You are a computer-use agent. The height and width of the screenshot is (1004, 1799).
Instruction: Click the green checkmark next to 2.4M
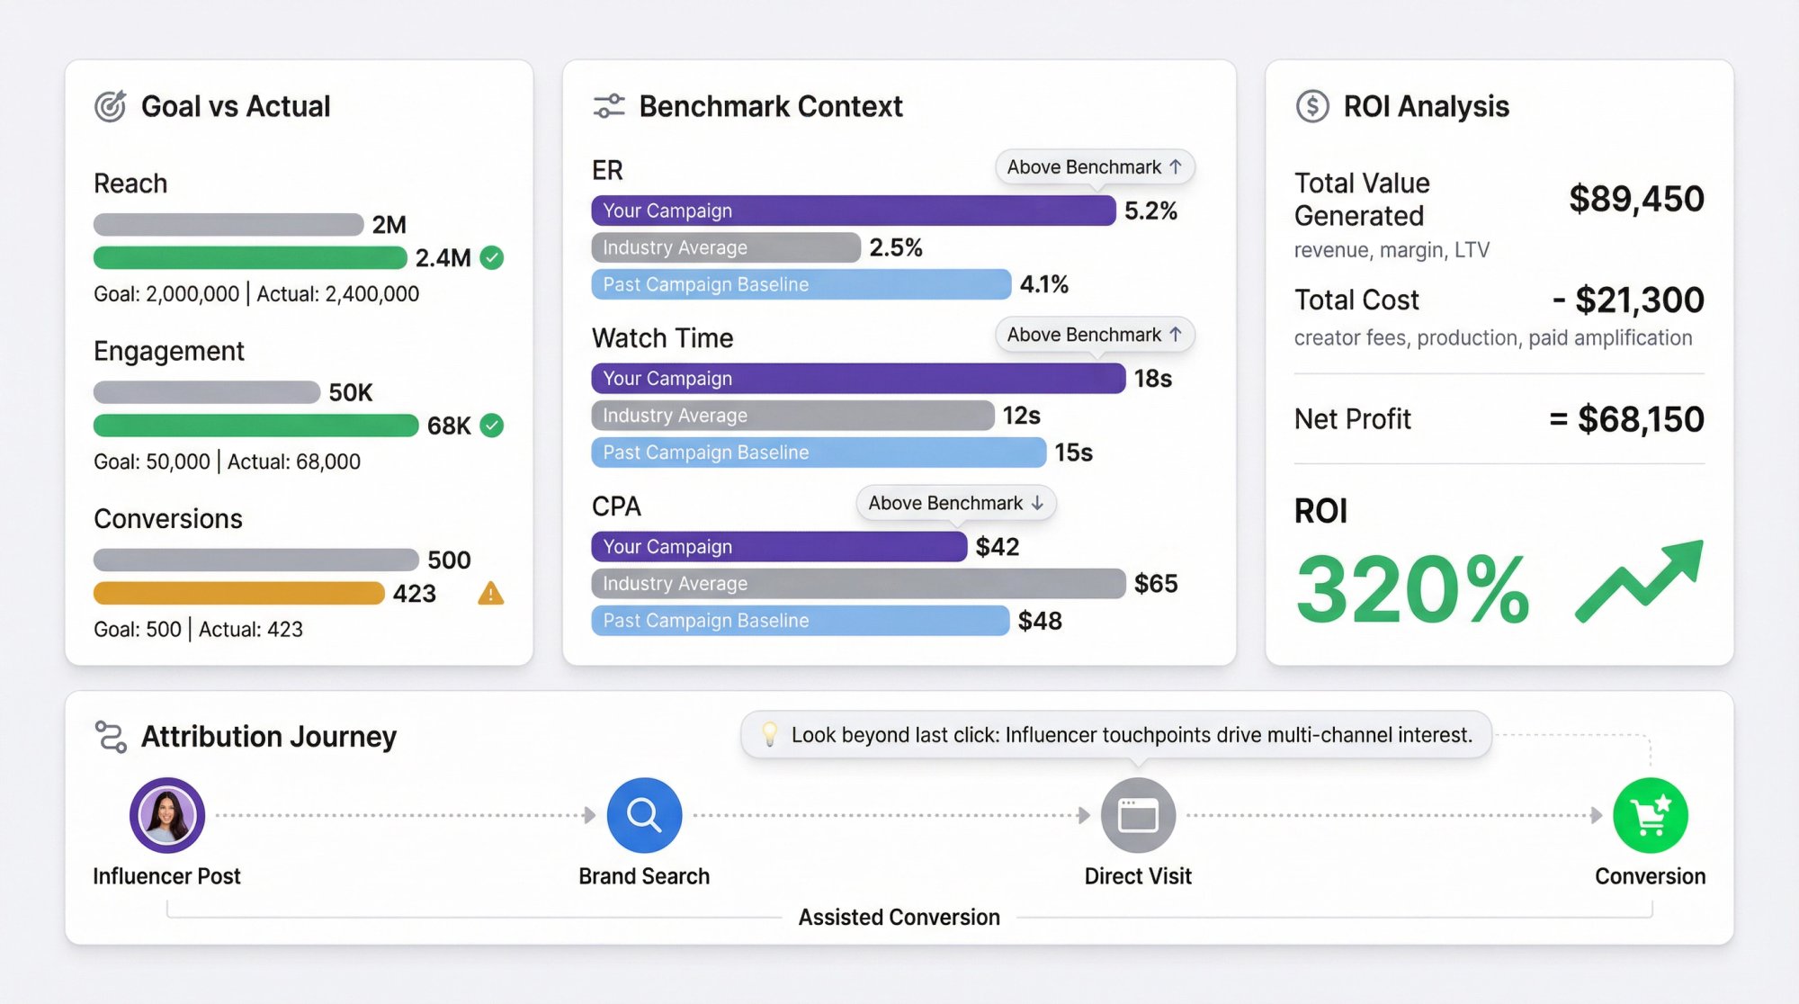click(x=491, y=258)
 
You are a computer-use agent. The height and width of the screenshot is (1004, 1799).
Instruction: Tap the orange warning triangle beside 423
click(x=490, y=594)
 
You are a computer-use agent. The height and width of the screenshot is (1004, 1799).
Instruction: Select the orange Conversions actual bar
click(x=238, y=594)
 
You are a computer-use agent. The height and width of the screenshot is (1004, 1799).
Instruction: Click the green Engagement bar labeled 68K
click(x=255, y=426)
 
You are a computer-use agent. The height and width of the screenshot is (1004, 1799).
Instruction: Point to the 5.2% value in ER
click(x=1150, y=211)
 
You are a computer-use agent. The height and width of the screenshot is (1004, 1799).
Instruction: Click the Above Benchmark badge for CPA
click(x=955, y=503)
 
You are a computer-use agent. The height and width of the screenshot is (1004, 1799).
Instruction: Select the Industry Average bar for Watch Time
click(x=792, y=416)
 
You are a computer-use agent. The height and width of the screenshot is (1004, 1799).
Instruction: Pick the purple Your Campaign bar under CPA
click(x=778, y=547)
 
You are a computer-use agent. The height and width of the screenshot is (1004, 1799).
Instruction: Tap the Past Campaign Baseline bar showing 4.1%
click(x=801, y=284)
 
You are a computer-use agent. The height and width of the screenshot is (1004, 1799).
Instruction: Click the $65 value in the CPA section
click(x=1156, y=584)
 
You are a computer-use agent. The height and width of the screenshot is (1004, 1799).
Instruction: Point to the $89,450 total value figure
click(x=1635, y=199)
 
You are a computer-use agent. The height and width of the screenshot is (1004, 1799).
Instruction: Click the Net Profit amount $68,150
click(x=1640, y=419)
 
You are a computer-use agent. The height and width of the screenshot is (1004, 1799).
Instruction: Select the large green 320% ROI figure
click(x=1412, y=589)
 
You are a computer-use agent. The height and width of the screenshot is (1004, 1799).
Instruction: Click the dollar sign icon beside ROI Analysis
click(x=1312, y=106)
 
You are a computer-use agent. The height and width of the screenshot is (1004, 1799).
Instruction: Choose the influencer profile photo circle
click(x=167, y=815)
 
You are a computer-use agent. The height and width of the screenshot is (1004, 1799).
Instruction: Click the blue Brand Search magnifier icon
click(x=644, y=815)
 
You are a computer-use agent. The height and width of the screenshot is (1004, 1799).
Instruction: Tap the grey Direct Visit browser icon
click(x=1138, y=815)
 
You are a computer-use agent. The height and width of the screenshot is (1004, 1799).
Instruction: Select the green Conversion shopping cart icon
click(x=1650, y=815)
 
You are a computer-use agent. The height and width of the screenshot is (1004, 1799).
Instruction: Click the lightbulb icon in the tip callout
click(x=769, y=734)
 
